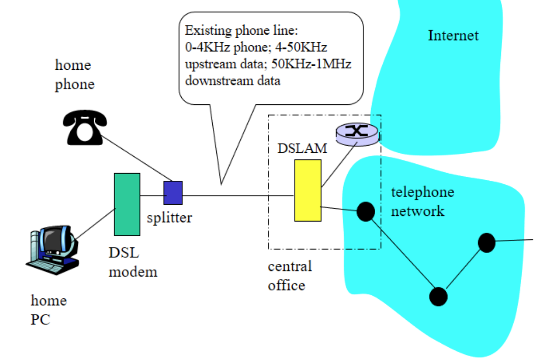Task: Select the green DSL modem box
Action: [x=127, y=204]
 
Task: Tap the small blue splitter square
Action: [x=173, y=193]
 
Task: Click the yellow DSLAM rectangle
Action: [x=307, y=190]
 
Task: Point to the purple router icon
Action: [x=357, y=131]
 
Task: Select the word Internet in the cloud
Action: [x=453, y=36]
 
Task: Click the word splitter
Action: [x=170, y=218]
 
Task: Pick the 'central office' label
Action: [x=290, y=275]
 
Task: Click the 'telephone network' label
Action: [x=422, y=201]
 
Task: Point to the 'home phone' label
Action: [x=74, y=74]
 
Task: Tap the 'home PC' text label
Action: [x=48, y=310]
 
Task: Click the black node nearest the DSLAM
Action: [x=366, y=210]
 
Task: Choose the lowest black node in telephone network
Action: [x=438, y=296]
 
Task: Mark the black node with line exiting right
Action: [x=487, y=242]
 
